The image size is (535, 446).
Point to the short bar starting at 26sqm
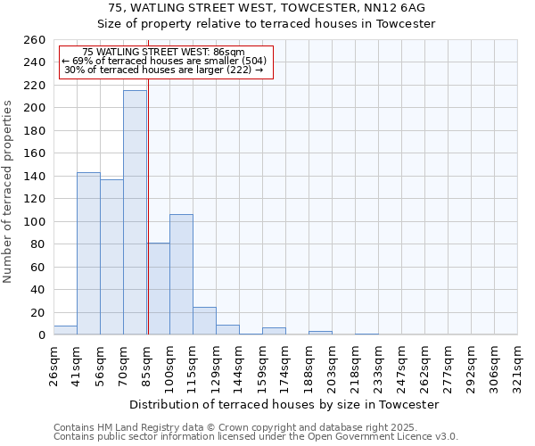[65, 330]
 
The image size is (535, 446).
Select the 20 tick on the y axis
[37, 312]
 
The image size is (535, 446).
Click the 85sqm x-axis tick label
[146, 365]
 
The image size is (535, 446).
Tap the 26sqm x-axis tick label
[53, 365]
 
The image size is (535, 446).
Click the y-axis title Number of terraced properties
[8, 192]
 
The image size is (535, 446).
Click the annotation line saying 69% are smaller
[164, 61]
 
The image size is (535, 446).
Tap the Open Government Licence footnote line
[256, 437]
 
